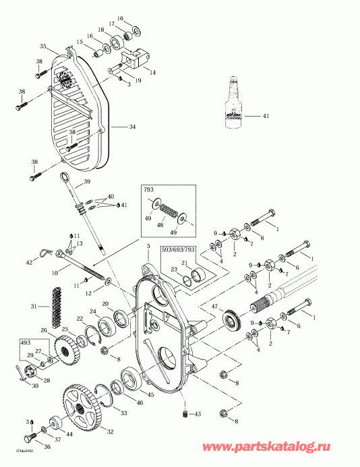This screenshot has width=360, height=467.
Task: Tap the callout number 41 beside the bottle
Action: (x=265, y=117)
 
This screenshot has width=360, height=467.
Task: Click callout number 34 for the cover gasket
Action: (x=133, y=126)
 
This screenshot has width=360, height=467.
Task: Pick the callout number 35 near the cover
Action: (x=43, y=46)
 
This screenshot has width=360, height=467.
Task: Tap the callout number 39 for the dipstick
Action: (x=86, y=182)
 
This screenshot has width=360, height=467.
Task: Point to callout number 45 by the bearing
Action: (x=150, y=395)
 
